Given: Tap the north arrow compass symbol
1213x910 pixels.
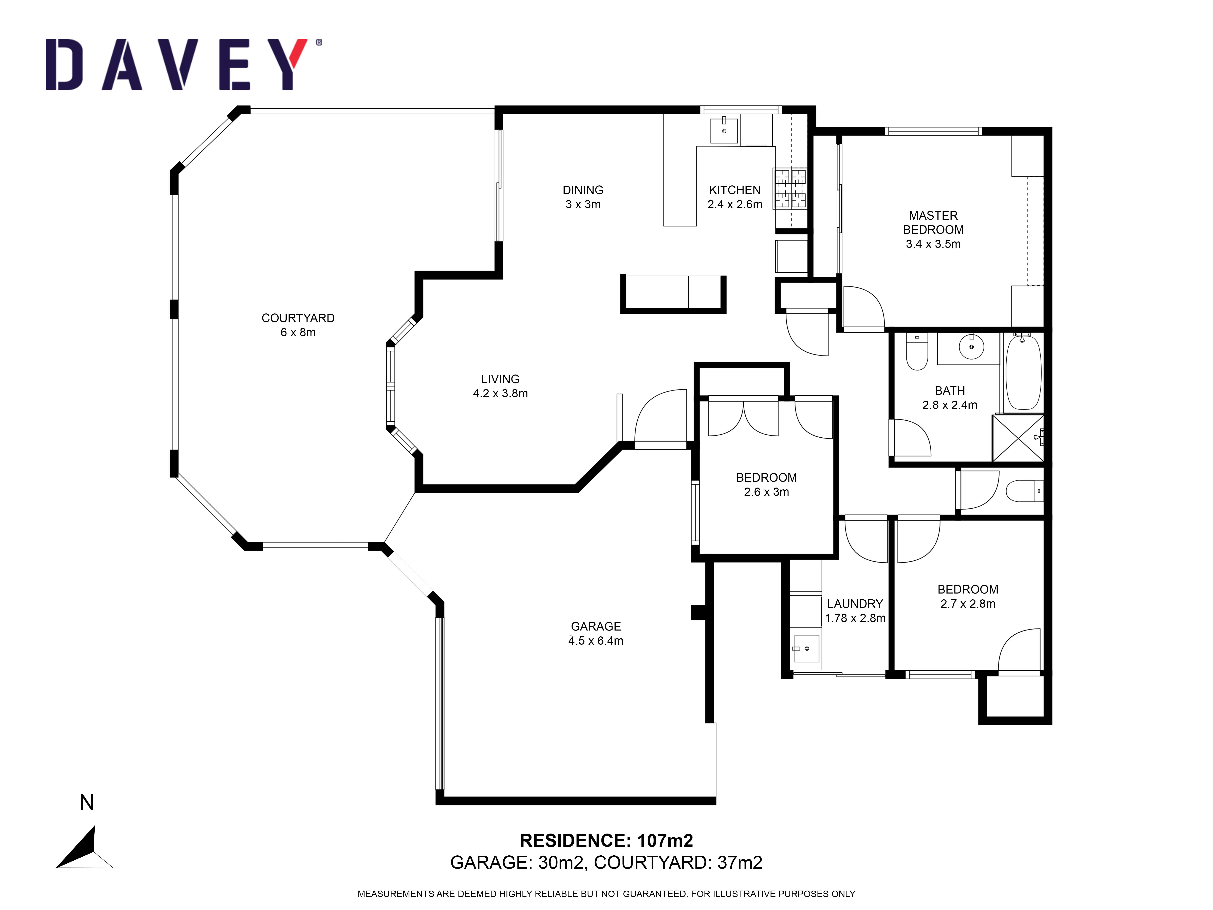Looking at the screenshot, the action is click(85, 848).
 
